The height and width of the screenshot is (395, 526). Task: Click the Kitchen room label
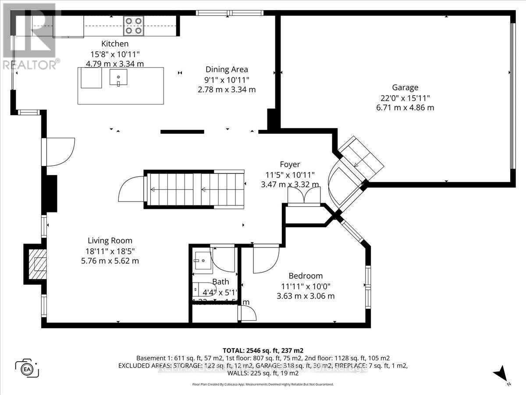115,44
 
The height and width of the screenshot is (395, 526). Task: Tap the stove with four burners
133,25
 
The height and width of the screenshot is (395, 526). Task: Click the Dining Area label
227,69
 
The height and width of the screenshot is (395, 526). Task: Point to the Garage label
405,87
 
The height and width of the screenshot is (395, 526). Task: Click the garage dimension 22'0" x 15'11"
405,97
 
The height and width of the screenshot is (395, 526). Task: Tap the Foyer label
290,165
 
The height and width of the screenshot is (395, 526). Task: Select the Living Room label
110,241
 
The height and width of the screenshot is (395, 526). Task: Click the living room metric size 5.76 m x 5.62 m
110,261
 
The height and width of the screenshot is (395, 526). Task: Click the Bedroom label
306,276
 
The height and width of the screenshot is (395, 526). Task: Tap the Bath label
220,282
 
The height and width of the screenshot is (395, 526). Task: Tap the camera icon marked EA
27,368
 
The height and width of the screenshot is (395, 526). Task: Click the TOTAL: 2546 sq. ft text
263,350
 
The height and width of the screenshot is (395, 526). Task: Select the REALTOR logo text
30,65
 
